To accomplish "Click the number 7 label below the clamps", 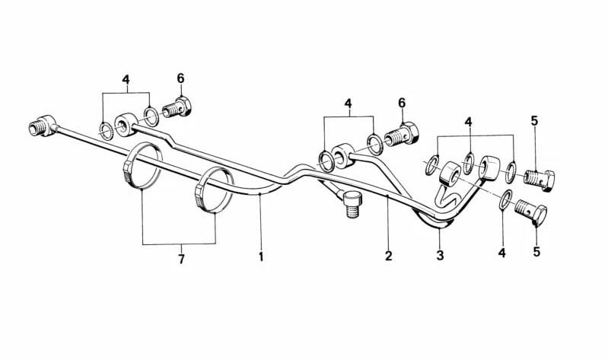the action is click(x=181, y=259).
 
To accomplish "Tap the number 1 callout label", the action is click(x=261, y=256).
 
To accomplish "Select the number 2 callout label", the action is click(x=389, y=256).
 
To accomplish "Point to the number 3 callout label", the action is click(x=440, y=256).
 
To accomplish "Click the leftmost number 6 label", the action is click(x=180, y=78).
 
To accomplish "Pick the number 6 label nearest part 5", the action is click(x=402, y=104).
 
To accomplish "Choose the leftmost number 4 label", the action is click(x=126, y=79).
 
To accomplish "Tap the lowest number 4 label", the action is click(x=501, y=253).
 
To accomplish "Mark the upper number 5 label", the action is click(x=534, y=121).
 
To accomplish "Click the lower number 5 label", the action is click(x=536, y=252).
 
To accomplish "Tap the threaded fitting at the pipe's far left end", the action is click(x=42, y=126).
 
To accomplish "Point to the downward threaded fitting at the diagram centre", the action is click(x=352, y=203).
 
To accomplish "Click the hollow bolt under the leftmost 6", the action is click(x=177, y=107).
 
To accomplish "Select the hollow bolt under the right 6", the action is click(x=401, y=134).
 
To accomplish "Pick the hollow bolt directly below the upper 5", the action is click(x=539, y=180).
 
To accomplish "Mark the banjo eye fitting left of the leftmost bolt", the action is click(x=126, y=124).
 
